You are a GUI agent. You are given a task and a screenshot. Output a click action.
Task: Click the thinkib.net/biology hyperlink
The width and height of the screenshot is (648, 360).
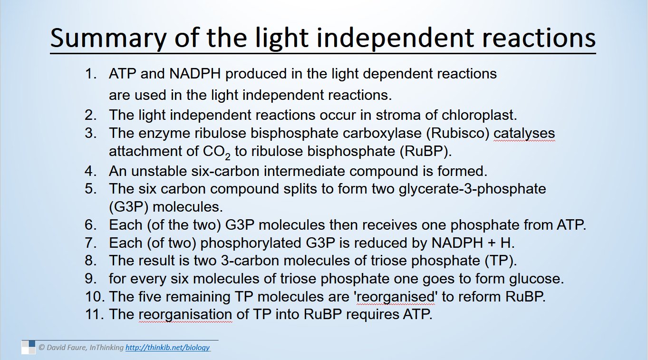167,348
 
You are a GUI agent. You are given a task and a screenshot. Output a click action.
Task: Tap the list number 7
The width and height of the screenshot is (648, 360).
90,243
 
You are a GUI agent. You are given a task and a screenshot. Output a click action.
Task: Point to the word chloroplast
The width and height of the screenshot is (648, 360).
479,116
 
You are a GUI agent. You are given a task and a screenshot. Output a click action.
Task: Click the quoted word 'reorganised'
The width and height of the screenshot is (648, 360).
396,297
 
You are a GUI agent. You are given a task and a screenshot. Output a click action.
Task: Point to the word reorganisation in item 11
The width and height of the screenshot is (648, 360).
185,315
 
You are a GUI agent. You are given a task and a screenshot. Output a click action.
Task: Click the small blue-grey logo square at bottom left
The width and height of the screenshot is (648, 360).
29,347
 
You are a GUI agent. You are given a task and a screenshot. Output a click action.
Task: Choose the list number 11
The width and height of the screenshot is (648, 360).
94,314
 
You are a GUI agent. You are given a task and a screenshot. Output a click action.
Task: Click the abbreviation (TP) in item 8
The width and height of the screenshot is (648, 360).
501,261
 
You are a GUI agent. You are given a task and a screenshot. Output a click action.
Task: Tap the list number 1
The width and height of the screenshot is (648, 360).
90,74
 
